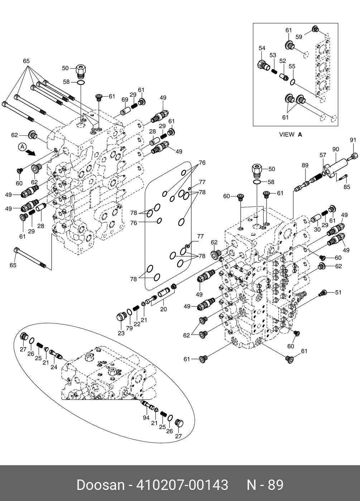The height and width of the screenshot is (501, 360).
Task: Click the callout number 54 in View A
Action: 262,48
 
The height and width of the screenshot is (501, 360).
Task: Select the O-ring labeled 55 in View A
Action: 293,82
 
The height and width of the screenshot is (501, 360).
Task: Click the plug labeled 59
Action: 316,29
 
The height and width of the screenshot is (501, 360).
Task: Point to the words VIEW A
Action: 291,135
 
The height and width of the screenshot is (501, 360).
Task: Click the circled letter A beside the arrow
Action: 22,146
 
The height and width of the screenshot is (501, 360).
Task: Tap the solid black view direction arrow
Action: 31,153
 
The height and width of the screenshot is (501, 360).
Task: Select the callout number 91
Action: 353,140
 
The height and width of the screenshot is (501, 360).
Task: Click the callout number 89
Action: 305,165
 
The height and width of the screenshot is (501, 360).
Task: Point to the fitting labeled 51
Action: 323,293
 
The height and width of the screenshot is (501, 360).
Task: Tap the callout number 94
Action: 146,418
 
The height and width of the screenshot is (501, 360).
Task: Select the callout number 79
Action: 129,328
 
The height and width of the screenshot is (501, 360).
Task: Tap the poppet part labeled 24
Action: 56,354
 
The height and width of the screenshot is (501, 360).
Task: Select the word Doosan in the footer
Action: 100,485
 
